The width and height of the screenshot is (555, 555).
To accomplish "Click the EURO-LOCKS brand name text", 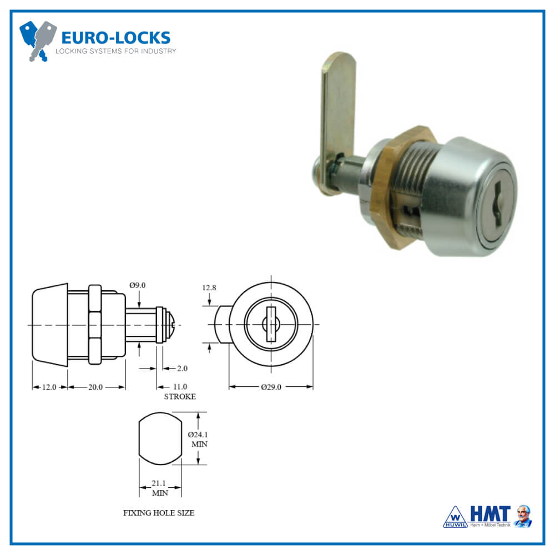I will [x=115, y=38].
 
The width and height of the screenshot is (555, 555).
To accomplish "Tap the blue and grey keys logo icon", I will [x=38, y=40].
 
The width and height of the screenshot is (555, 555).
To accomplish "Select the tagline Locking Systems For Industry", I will [x=115, y=52].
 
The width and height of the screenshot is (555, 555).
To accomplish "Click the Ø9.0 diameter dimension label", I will [x=137, y=285].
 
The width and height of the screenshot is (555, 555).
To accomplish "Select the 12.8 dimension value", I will [x=209, y=288].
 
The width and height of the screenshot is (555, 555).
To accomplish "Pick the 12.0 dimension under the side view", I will [x=49, y=387].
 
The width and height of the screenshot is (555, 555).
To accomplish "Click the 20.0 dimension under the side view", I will [x=95, y=387].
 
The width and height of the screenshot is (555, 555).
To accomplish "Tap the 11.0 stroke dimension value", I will [x=180, y=387].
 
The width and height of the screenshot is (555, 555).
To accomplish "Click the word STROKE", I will [x=179, y=397].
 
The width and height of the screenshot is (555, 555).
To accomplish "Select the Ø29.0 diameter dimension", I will [x=271, y=387].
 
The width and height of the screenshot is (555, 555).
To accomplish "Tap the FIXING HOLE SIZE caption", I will [x=159, y=513].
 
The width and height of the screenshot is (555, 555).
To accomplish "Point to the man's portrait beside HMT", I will [x=523, y=516].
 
